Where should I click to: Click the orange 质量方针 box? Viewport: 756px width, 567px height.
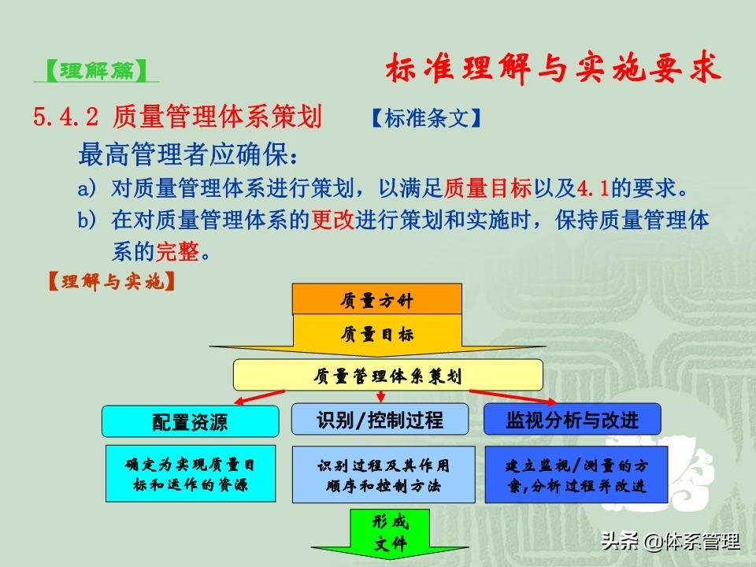[377, 299]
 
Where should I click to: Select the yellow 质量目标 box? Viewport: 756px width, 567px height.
[377, 335]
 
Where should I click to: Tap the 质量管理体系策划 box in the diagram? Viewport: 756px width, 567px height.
[388, 375]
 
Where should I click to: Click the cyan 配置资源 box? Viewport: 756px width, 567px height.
[190, 421]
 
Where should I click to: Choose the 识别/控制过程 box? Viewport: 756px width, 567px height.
[380, 420]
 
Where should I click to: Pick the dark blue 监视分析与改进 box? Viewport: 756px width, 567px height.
[573, 420]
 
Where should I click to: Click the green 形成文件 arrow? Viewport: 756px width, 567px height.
[390, 533]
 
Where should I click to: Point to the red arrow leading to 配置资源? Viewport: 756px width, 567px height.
[259, 397]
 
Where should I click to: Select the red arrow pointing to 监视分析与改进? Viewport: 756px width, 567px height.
[513, 397]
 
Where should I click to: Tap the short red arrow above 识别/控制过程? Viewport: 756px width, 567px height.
[381, 397]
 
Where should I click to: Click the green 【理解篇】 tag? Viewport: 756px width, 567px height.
[96, 71]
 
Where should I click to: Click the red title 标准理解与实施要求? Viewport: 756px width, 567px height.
[553, 68]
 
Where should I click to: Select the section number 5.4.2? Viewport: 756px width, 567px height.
[65, 117]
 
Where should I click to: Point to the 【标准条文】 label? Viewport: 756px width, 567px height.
[427, 117]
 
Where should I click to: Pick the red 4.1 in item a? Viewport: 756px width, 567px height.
[593, 188]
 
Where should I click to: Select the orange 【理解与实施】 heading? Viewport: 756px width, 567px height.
[111, 281]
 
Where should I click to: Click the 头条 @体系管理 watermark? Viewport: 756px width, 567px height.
[670, 541]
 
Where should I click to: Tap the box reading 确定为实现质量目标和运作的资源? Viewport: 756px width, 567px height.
[191, 473]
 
